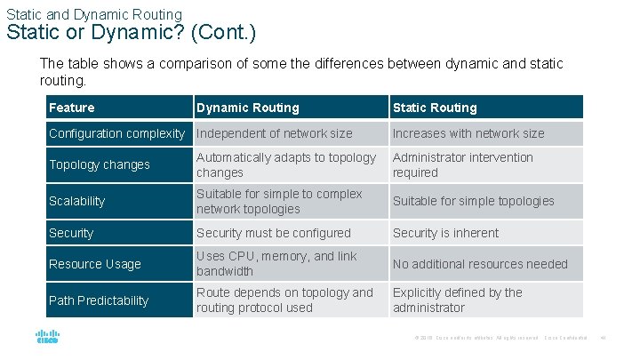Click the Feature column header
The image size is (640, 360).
72,108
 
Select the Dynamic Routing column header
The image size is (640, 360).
248,108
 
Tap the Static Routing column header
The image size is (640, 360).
435,108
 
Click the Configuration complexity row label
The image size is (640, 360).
116,133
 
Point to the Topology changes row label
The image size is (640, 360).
100,164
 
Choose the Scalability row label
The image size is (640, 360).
77,201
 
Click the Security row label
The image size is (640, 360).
71,233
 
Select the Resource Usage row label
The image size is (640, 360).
95,264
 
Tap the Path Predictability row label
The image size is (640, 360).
99,300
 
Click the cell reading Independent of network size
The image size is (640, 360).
274,133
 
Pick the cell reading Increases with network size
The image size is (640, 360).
468,133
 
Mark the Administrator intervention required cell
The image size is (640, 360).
463,164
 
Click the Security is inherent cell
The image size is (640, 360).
445,233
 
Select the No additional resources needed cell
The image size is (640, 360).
480,264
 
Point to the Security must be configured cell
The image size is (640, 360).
274,233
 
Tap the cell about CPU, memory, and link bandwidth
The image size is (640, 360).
276,263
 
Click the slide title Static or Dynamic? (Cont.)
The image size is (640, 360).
131,34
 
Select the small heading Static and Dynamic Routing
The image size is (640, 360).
93,14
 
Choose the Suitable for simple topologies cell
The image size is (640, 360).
473,201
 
